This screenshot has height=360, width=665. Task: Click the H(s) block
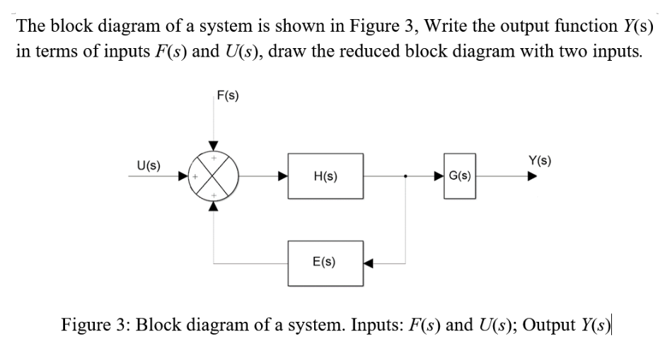[325, 175]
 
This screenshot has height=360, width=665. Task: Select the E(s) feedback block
[325, 262]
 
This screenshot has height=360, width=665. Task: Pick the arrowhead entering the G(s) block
[439, 175]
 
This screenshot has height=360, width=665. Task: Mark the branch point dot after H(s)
[405, 175]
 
